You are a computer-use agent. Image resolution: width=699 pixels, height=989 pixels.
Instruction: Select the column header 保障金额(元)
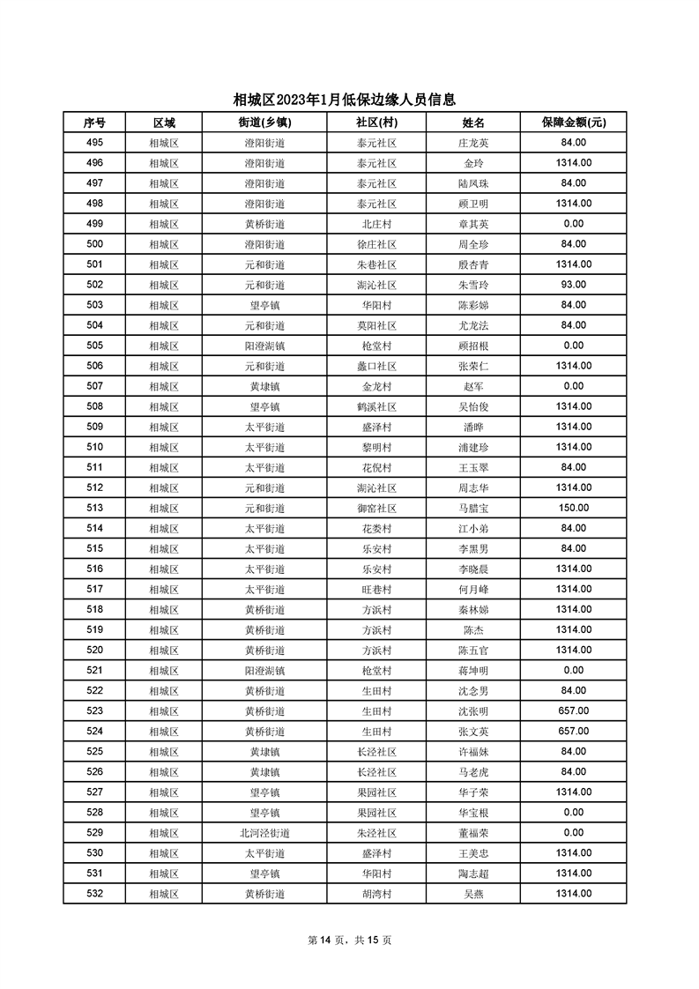click(573, 123)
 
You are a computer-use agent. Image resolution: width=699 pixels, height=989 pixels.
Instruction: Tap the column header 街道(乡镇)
click(264, 123)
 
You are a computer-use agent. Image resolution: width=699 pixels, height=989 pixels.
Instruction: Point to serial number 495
click(95, 143)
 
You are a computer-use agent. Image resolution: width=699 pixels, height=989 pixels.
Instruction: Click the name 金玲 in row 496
click(473, 163)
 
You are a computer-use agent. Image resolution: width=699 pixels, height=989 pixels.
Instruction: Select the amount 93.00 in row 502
click(573, 285)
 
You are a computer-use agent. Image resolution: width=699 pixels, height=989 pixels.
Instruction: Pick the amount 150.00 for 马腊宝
click(573, 508)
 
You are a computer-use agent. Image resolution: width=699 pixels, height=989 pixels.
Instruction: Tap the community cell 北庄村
click(376, 224)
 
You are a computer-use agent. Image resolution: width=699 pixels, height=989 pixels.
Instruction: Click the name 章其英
click(473, 224)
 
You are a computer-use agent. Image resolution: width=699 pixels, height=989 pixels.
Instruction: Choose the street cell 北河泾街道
click(264, 833)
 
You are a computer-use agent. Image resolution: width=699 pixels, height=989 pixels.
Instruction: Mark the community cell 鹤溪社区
click(376, 406)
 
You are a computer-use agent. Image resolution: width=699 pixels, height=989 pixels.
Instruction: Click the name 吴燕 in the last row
click(473, 894)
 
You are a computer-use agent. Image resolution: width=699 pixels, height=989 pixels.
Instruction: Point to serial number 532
click(95, 894)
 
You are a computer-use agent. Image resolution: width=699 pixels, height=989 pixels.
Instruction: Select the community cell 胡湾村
click(376, 894)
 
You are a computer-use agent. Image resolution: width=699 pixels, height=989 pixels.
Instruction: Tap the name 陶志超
click(473, 874)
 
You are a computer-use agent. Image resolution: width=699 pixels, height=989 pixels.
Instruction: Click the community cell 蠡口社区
click(376, 366)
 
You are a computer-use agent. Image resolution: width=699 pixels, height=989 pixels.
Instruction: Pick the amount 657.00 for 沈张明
click(573, 711)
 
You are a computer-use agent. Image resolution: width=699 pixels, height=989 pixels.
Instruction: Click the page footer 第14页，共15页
click(349, 940)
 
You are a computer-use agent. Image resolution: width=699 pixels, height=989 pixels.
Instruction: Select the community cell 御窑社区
click(376, 508)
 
